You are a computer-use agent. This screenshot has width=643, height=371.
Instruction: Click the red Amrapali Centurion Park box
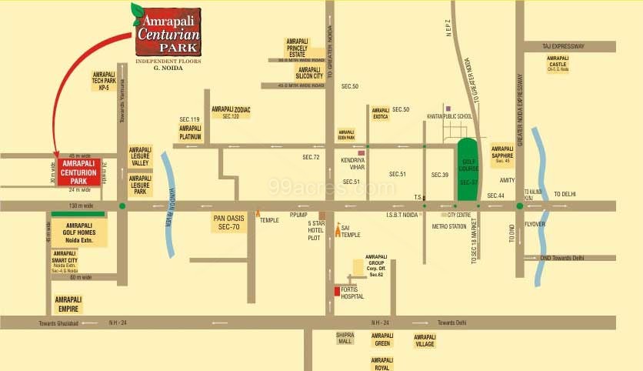point(79,172)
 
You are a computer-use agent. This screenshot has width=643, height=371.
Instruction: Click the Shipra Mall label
point(344,339)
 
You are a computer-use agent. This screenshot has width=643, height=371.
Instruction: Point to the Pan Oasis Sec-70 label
point(229,223)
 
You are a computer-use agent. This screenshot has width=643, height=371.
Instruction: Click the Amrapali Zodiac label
point(232,112)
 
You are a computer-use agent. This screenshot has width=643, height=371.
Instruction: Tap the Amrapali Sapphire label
point(502,153)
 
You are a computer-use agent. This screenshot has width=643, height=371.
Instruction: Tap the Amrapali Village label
point(425,340)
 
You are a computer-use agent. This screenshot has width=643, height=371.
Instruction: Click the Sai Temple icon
point(338,229)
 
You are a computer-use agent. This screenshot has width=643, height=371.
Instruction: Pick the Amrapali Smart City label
point(64,262)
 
